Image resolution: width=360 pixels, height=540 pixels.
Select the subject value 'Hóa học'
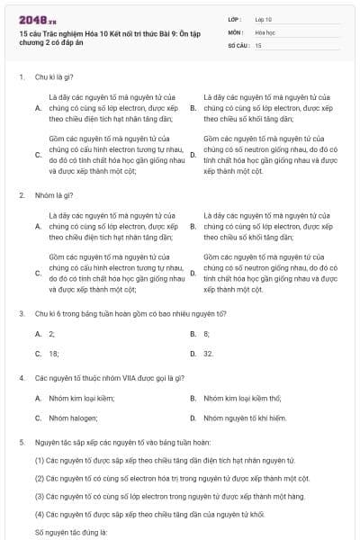tap(266, 31)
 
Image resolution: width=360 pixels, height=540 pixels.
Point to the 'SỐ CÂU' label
tap(238, 44)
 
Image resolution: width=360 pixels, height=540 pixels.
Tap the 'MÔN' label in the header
tap(236, 31)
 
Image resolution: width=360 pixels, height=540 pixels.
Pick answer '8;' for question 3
tap(206, 333)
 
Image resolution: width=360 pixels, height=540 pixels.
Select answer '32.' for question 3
tap(208, 354)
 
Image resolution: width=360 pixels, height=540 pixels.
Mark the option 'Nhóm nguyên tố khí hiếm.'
tap(245, 418)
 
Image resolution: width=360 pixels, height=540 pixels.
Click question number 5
tap(21, 443)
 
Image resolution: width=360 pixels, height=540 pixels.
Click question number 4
tap(21, 378)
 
